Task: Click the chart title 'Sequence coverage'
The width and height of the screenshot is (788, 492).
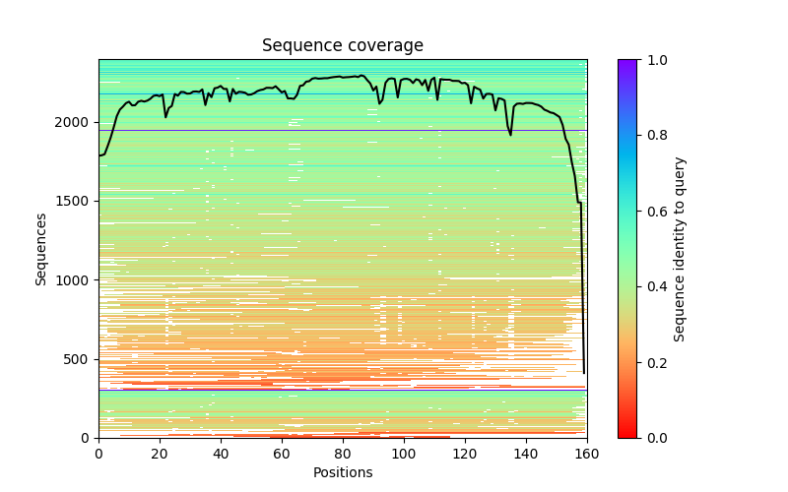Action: pyautogui.click(x=342, y=46)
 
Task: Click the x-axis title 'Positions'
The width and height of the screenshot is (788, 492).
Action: pyautogui.click(x=342, y=472)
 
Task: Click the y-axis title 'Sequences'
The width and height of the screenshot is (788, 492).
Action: pyautogui.click(x=41, y=248)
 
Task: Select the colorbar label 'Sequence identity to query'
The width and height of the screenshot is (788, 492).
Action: pyautogui.click(x=680, y=248)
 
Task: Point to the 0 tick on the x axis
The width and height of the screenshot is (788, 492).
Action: pyautogui.click(x=98, y=453)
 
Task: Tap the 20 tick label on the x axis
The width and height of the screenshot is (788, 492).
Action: pyautogui.click(x=160, y=453)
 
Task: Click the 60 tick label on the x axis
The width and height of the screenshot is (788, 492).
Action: pyautogui.click(x=282, y=453)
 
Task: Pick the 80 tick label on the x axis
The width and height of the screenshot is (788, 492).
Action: pyautogui.click(x=343, y=453)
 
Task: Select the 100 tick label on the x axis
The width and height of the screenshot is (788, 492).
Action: pyautogui.click(x=404, y=453)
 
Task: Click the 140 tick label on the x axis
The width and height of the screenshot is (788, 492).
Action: pyautogui.click(x=526, y=453)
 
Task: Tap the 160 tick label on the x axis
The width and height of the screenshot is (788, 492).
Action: pyautogui.click(x=587, y=453)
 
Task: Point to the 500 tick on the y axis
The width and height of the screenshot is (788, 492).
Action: pyautogui.click(x=78, y=359)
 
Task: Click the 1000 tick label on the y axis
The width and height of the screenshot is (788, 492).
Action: pyautogui.click(x=74, y=280)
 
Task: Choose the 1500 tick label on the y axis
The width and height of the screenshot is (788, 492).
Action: pyautogui.click(x=74, y=202)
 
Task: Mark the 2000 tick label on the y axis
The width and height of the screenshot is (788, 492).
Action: pyautogui.click(x=74, y=123)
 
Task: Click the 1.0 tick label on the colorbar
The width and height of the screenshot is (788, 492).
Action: pyautogui.click(x=653, y=60)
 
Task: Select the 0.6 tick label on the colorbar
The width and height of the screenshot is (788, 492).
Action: pyautogui.click(x=653, y=212)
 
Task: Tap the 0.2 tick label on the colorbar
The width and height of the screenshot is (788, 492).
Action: pyautogui.click(x=653, y=362)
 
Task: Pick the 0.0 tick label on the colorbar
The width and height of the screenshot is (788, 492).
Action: pyautogui.click(x=653, y=438)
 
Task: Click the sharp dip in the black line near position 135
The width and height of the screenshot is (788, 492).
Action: pyautogui.click(x=510, y=134)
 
